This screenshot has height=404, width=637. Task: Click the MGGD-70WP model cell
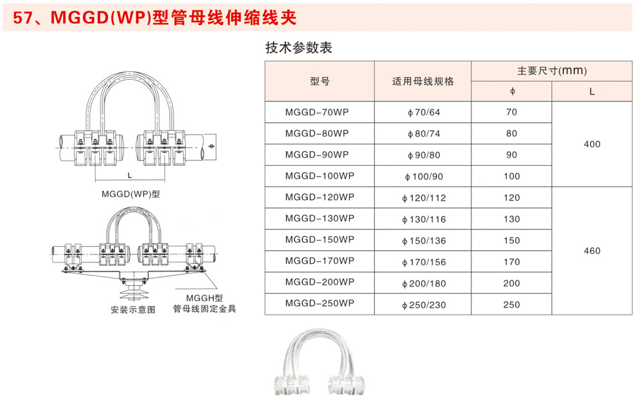(x=317, y=112)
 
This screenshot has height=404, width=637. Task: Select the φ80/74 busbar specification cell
(x=424, y=134)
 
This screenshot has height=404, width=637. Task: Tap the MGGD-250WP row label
(x=320, y=303)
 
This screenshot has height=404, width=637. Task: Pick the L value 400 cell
(x=592, y=144)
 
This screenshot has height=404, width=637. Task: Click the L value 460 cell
(x=592, y=251)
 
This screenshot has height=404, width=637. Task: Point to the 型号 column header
(x=320, y=81)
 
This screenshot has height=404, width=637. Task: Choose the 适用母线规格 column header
(x=423, y=81)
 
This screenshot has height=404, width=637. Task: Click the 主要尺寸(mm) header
(x=552, y=70)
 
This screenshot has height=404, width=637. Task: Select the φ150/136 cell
(x=424, y=241)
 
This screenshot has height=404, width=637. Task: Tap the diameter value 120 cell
(x=512, y=198)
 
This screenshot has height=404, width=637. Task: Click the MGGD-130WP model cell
(x=320, y=219)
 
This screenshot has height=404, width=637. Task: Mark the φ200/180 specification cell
(x=424, y=283)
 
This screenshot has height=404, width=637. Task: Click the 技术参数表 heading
(x=298, y=48)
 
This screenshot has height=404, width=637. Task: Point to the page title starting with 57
(x=155, y=18)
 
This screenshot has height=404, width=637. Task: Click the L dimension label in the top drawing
(x=129, y=176)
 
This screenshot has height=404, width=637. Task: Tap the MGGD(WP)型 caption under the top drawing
(x=131, y=194)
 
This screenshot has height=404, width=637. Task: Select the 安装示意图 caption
(x=133, y=309)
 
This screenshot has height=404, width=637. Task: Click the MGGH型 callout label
(x=205, y=299)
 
